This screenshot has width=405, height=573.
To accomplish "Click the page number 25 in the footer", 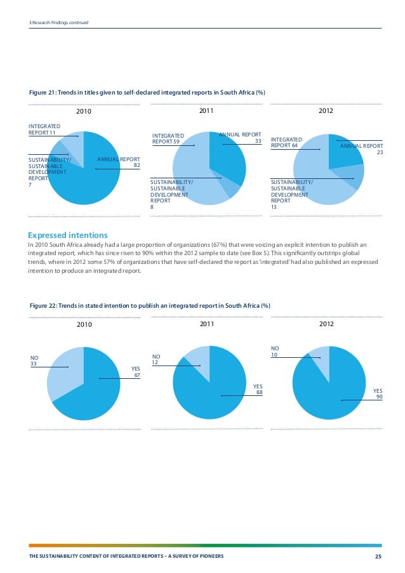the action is (x=378, y=557).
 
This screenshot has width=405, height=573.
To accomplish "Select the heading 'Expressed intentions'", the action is (x=68, y=235).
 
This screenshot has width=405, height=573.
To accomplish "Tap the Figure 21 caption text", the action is (x=147, y=93).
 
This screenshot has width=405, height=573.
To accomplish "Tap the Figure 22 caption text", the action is (x=150, y=305).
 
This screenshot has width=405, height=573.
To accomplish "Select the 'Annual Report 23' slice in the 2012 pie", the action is (x=343, y=153).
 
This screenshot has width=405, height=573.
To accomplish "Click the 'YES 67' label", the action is (x=136, y=372).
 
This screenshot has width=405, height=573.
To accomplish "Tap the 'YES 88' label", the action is (x=258, y=389).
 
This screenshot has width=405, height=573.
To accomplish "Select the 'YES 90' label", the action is (x=378, y=393).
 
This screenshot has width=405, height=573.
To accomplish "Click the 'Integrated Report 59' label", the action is (x=168, y=138).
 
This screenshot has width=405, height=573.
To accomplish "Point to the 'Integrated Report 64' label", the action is (x=286, y=143).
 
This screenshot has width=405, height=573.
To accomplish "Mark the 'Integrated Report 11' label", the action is (x=44, y=129).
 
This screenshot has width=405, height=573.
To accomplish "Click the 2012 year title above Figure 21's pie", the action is (x=326, y=110).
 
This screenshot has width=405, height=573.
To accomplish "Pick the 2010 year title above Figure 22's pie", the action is (x=84, y=324).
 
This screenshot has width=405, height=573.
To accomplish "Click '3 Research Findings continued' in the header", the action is (x=59, y=23).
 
